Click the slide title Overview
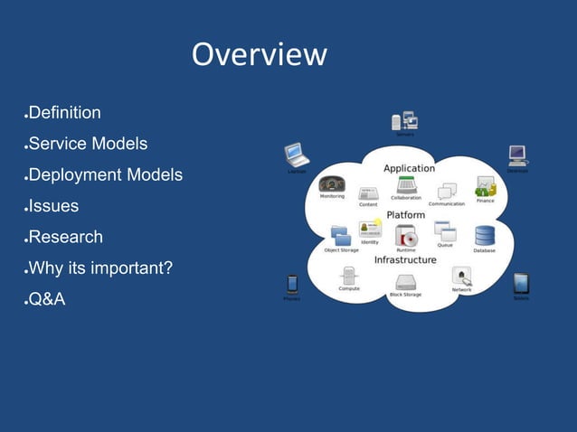coord(259,54)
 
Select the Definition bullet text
coord(64,114)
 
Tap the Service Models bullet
coord(88,145)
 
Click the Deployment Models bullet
coord(105,175)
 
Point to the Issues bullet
coord(53,206)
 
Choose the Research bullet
coord(65,238)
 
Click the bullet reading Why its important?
coord(101,268)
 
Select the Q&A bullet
coord(47,300)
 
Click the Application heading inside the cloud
coord(409,168)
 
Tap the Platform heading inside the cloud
coord(406,214)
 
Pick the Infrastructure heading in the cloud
coord(405,259)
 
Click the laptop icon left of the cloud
coord(297,155)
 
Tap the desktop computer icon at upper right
coord(517,155)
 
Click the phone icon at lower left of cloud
coord(292,284)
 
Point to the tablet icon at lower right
coord(521,284)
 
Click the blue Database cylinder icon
coord(485,236)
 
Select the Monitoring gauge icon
coord(332,183)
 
